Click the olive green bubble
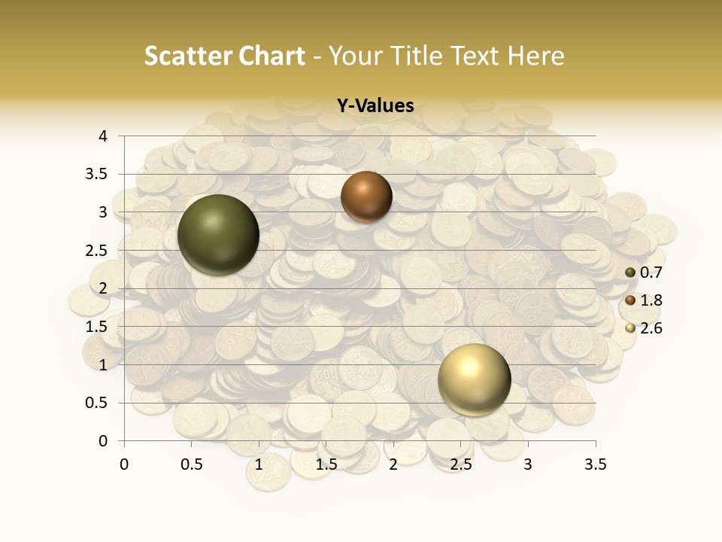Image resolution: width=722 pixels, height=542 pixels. pyautogui.click(x=218, y=234)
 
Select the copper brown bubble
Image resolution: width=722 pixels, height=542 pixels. pyautogui.click(x=366, y=196)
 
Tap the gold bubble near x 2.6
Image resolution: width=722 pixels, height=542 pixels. pyautogui.click(x=474, y=379)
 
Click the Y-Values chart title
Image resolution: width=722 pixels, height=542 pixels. pyautogui.click(x=375, y=106)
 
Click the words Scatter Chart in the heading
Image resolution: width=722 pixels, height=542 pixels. pyautogui.click(x=225, y=56)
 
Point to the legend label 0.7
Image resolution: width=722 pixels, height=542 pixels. pyautogui.click(x=651, y=273)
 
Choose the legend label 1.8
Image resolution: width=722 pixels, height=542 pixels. pyautogui.click(x=651, y=300)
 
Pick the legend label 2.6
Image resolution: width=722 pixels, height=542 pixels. pyautogui.click(x=651, y=328)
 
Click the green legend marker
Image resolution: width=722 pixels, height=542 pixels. pyautogui.click(x=630, y=273)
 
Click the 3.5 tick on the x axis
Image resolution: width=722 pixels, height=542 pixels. pyautogui.click(x=595, y=464)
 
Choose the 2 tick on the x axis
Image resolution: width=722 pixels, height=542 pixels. pyautogui.click(x=393, y=464)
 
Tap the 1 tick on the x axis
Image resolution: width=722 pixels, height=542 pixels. pyautogui.click(x=259, y=464)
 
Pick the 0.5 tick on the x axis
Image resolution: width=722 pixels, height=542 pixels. pyautogui.click(x=191, y=464)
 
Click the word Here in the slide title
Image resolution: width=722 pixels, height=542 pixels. pyautogui.click(x=536, y=56)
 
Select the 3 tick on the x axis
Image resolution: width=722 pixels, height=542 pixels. pyautogui.click(x=528, y=464)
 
